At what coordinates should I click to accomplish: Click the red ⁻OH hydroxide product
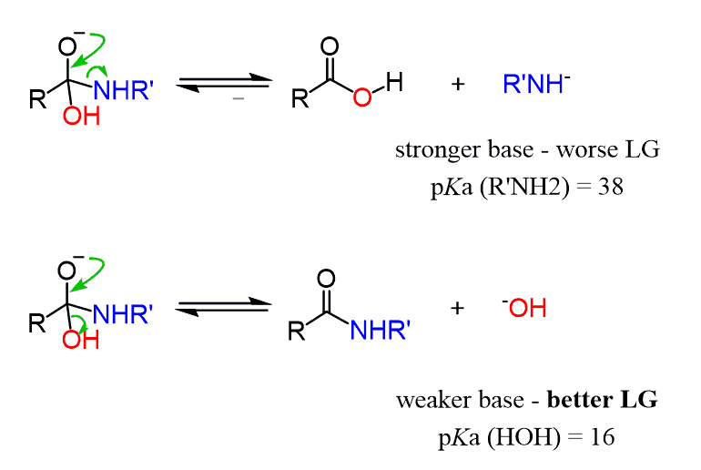click(x=524, y=308)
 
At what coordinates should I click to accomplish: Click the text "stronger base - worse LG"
click(x=527, y=150)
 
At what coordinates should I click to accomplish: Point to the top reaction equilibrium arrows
click(x=225, y=85)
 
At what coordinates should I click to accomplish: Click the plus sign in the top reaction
click(x=458, y=85)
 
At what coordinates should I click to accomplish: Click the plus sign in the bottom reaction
click(x=458, y=308)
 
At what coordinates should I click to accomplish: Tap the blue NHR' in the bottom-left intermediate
click(x=125, y=315)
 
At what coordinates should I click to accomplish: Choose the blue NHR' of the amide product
click(x=380, y=332)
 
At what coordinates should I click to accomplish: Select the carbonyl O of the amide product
click(x=328, y=277)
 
